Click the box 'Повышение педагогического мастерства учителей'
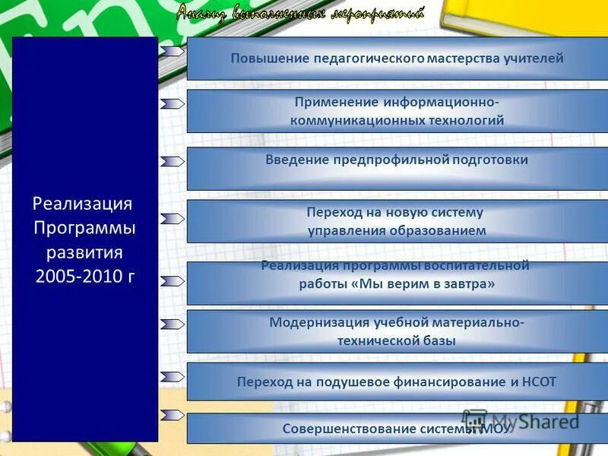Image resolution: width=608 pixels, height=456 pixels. click(x=397, y=59)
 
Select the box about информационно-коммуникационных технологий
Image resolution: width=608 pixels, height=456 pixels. click(x=397, y=111)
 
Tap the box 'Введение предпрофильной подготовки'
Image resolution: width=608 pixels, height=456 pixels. click(x=397, y=168)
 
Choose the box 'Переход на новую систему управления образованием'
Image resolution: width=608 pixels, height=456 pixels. click(x=397, y=222)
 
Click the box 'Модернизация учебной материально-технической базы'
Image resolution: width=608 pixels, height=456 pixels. click(x=397, y=331)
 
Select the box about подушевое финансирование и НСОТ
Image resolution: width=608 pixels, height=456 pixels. click(x=397, y=382)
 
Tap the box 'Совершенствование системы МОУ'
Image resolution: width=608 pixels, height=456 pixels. click(x=397, y=429)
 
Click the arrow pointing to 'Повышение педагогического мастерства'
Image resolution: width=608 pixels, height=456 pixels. click(x=173, y=51)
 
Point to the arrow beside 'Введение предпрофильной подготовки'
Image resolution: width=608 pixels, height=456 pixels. click(x=173, y=161)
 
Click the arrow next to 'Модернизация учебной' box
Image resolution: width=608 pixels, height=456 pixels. click(x=173, y=323)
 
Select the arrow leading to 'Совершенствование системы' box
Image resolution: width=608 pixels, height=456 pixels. click(x=173, y=415)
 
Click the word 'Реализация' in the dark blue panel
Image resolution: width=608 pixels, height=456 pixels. click(x=83, y=204)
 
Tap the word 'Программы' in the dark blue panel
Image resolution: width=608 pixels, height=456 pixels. click(x=85, y=228)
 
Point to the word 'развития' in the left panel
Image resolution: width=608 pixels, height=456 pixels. click(x=85, y=252)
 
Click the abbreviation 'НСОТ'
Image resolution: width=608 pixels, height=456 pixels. click(x=538, y=382)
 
